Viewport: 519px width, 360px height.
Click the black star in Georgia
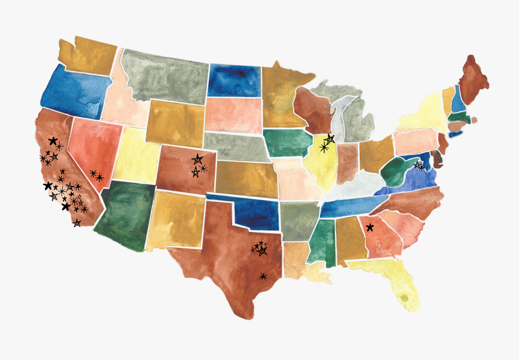click(x=370, y=227)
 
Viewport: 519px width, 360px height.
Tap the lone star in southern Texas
click(x=263, y=276)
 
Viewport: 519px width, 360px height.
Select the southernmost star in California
click(x=77, y=223)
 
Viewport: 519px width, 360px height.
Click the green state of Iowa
click(x=286, y=143)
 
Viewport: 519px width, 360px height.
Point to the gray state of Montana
click(x=163, y=75)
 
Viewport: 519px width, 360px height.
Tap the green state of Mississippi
click(x=323, y=241)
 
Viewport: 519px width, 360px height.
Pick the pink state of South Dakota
click(x=232, y=115)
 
